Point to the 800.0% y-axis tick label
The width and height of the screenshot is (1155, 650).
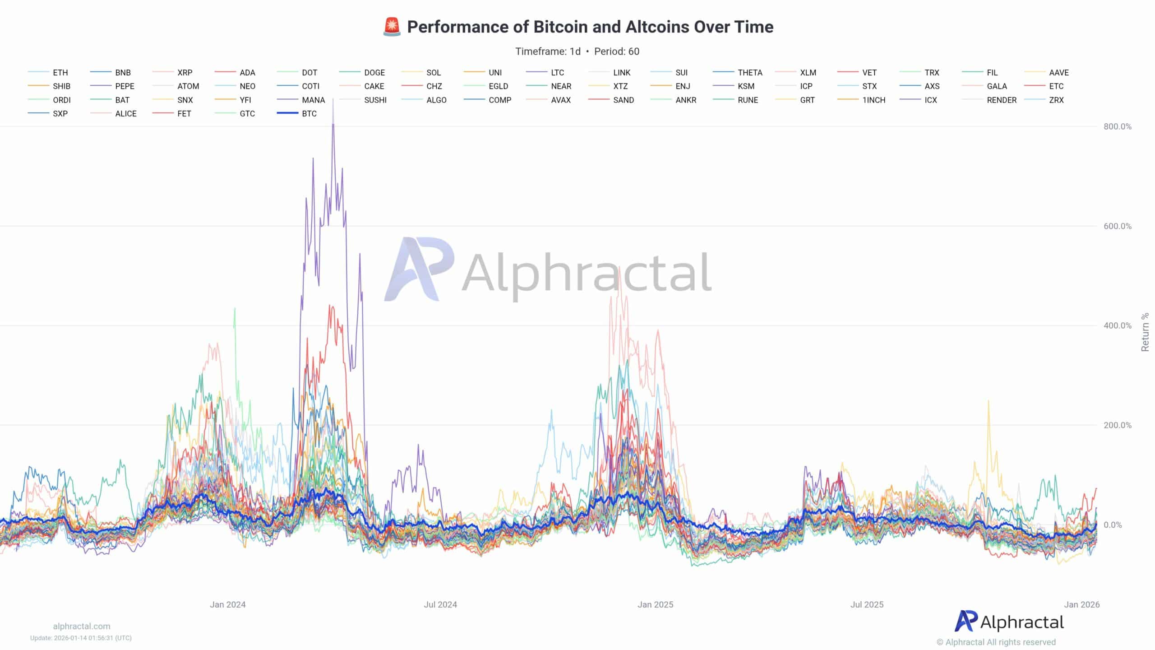[x=1118, y=127]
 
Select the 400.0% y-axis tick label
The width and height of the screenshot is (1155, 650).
[x=1118, y=326]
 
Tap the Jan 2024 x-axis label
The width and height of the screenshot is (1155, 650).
[x=227, y=604]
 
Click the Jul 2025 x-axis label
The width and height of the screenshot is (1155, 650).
[x=867, y=604]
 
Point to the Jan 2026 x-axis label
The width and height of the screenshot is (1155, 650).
[x=1081, y=604]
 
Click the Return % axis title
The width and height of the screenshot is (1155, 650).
[x=1145, y=332]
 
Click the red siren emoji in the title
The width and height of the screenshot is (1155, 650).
[x=392, y=27]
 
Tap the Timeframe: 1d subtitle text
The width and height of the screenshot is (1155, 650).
[x=548, y=51]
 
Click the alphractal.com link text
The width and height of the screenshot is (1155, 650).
[x=82, y=626]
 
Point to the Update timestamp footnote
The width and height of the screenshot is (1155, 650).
[x=81, y=638]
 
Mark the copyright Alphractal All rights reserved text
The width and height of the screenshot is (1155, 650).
[x=996, y=642]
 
